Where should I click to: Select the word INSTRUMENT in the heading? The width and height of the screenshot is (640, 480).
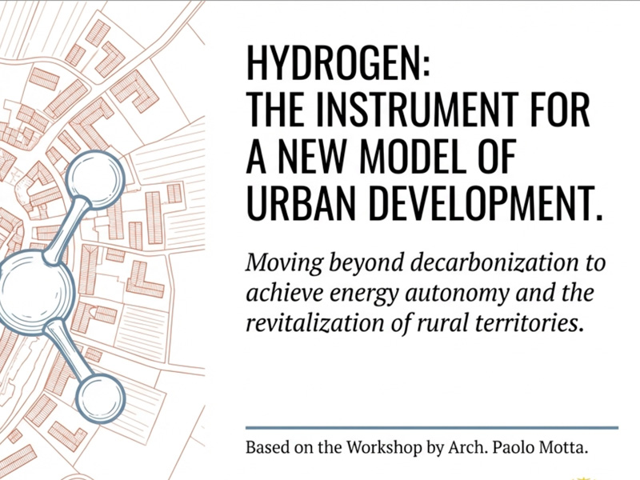tap(416, 110)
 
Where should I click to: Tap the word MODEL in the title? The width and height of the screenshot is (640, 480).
tap(413, 156)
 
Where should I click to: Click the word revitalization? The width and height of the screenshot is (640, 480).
tap(314, 323)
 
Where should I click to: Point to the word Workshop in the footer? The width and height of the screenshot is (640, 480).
tap(385, 448)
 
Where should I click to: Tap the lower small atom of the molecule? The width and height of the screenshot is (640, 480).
tap(101, 398)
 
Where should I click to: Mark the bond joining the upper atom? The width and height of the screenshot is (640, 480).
tap(66, 230)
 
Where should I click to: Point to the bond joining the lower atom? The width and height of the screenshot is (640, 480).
tap(68, 350)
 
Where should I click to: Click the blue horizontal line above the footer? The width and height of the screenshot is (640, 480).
tap(432, 428)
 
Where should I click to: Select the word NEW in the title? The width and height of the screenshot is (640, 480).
tap(311, 156)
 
